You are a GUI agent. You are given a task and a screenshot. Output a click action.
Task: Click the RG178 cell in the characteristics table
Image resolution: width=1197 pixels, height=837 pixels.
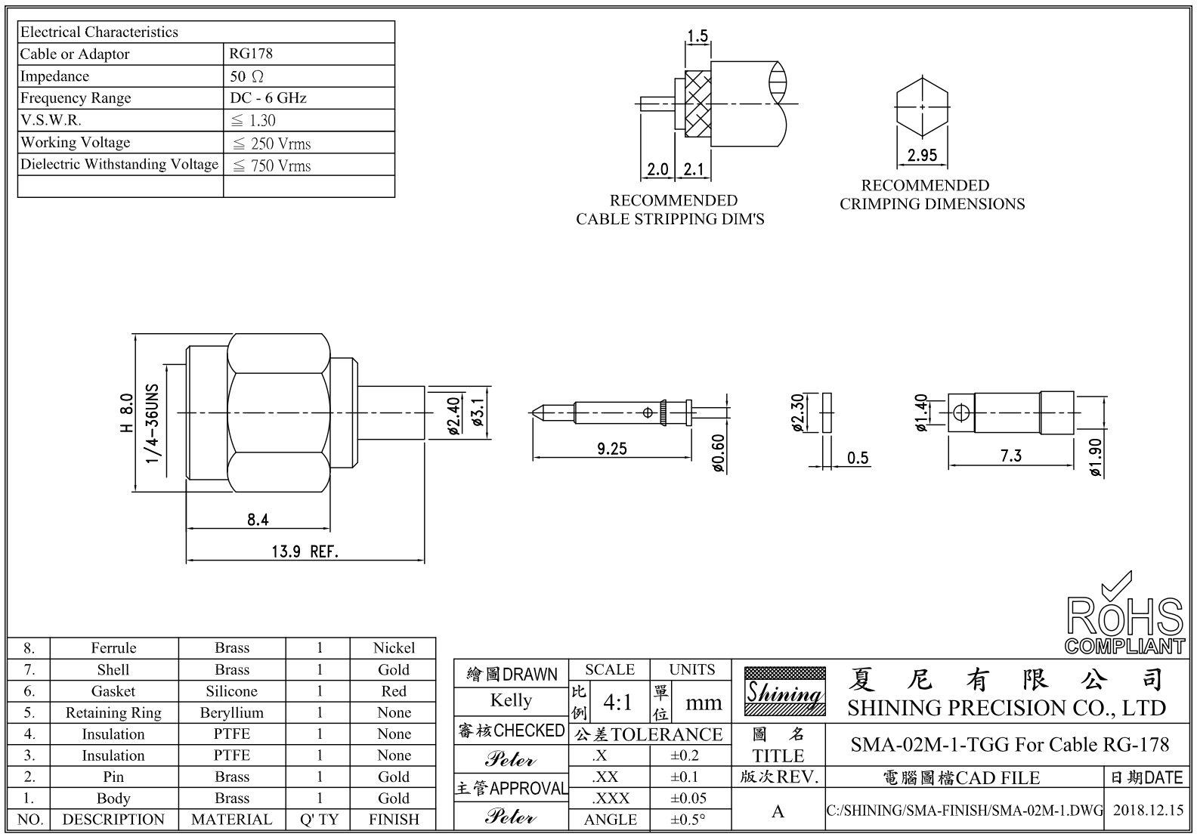tap(252, 54)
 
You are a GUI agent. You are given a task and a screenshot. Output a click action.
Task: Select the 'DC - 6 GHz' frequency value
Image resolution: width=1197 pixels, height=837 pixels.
tap(268, 98)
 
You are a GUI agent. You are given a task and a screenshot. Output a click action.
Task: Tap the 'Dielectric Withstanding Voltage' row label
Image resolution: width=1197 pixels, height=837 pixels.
tap(119, 164)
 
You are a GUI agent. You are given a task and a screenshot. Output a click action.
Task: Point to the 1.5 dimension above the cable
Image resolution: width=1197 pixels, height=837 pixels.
tap(697, 36)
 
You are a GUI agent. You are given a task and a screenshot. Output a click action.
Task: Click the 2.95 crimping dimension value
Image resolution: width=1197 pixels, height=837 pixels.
tap(922, 155)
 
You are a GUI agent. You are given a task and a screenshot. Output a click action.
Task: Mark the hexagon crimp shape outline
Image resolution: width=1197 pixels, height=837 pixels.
tap(922, 108)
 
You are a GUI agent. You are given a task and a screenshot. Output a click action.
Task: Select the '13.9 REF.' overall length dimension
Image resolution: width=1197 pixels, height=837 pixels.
tap(305, 551)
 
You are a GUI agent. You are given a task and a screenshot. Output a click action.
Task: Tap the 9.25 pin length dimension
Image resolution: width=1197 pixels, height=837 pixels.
tap(612, 449)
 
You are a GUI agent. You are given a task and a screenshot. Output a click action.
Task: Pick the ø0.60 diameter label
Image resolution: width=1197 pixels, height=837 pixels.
tap(719, 453)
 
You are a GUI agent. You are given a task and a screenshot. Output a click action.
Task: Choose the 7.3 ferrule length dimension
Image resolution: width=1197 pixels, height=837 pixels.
tap(1010, 456)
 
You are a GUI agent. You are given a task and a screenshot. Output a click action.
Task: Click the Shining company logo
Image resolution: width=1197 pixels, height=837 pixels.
tap(784, 691)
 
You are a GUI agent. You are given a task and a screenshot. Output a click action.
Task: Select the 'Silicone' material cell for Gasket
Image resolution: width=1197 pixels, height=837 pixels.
tap(231, 691)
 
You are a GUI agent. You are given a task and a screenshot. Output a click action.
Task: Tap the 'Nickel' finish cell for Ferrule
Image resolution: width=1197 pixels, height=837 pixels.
tap(394, 648)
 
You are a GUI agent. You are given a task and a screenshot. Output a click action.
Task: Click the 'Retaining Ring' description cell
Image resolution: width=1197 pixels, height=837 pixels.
tap(113, 713)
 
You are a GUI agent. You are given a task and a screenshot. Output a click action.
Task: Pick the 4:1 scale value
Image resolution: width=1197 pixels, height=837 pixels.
tap(617, 703)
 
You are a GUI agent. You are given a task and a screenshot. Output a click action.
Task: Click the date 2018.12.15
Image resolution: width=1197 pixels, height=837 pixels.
tap(1149, 811)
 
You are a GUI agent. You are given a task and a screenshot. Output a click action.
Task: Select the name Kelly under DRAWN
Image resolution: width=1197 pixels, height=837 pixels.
tap(511, 700)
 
